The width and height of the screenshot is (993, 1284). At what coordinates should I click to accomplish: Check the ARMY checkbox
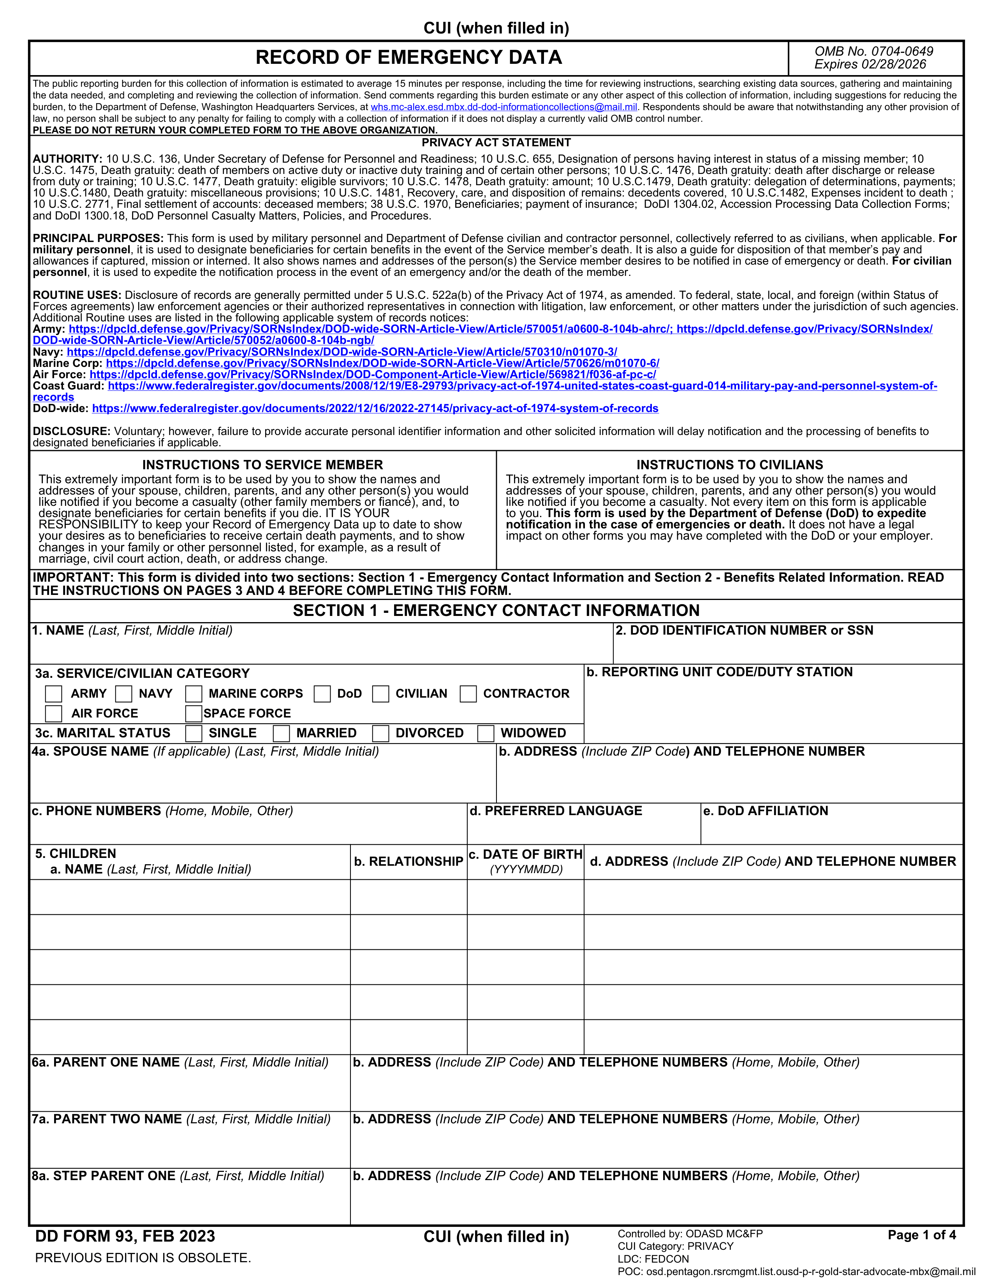tap(53, 694)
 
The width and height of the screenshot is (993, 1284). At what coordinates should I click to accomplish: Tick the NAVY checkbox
tap(123, 694)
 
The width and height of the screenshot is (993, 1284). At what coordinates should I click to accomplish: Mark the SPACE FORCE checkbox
tap(194, 713)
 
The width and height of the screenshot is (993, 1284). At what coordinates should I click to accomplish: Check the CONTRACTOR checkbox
tap(468, 694)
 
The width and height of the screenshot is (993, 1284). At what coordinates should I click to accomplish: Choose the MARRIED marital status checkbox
tap(281, 733)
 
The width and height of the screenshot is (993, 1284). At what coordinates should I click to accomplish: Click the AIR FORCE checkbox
tap(53, 713)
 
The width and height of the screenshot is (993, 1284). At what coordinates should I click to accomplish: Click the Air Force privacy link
tap(372, 374)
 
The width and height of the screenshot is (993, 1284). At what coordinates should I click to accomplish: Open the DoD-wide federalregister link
tap(375, 409)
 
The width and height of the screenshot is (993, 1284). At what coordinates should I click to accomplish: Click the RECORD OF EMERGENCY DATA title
tap(409, 57)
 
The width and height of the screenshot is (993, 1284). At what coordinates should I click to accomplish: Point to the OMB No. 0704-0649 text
tap(873, 51)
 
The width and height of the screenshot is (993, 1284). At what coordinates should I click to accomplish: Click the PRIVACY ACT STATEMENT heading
tap(496, 143)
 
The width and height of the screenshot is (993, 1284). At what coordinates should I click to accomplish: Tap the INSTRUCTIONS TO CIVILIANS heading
tap(729, 465)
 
